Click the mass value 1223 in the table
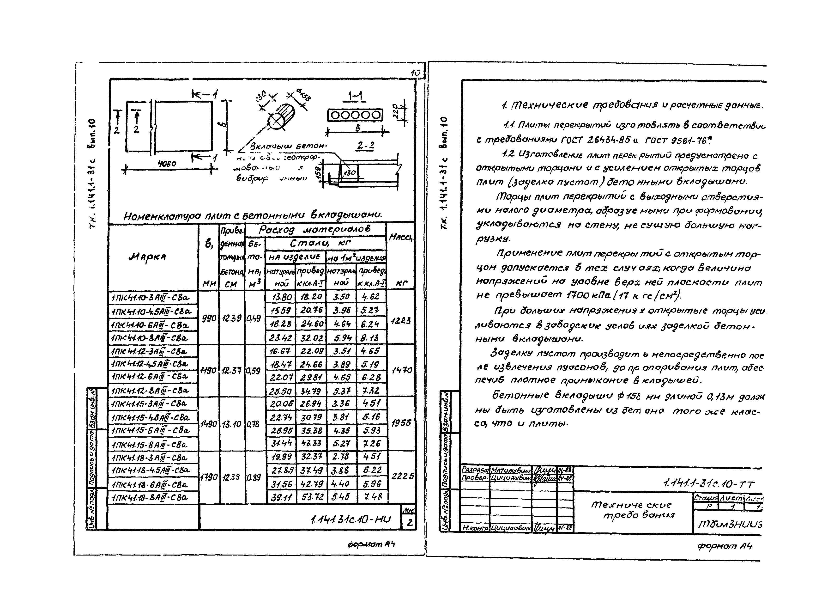point(401,321)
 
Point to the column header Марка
point(147,257)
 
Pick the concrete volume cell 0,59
point(253,371)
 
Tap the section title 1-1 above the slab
point(355,97)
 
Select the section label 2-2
point(365,146)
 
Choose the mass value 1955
point(401,423)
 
